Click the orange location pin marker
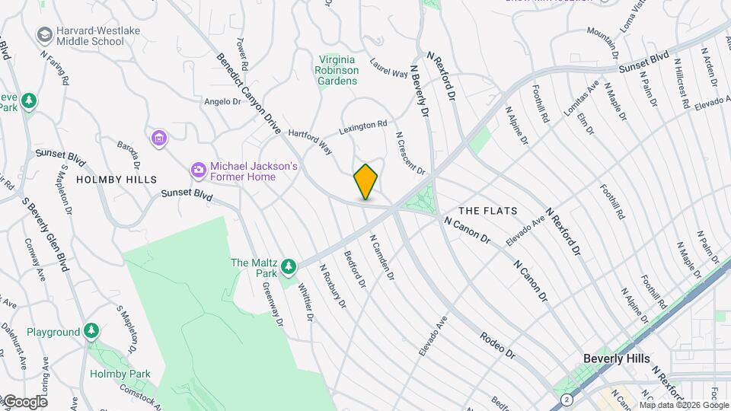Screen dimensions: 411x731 coord(366,182)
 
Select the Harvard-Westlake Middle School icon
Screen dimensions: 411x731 coord(44,35)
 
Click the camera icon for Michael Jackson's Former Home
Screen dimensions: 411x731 coord(198,170)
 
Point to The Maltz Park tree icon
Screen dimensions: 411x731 coord(288,266)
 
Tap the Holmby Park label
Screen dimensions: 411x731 coord(120,374)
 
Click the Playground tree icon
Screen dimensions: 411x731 coord(91,331)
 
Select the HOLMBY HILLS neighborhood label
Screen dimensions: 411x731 coord(116,180)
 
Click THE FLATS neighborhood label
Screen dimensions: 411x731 coord(488,210)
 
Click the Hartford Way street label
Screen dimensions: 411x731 coord(311,141)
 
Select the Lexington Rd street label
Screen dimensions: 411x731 coord(363,126)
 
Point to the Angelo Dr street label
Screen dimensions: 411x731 coord(222,100)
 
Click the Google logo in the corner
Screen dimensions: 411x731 coord(24,401)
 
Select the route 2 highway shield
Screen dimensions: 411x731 coord(566,399)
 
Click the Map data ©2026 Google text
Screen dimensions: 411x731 coord(684,404)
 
